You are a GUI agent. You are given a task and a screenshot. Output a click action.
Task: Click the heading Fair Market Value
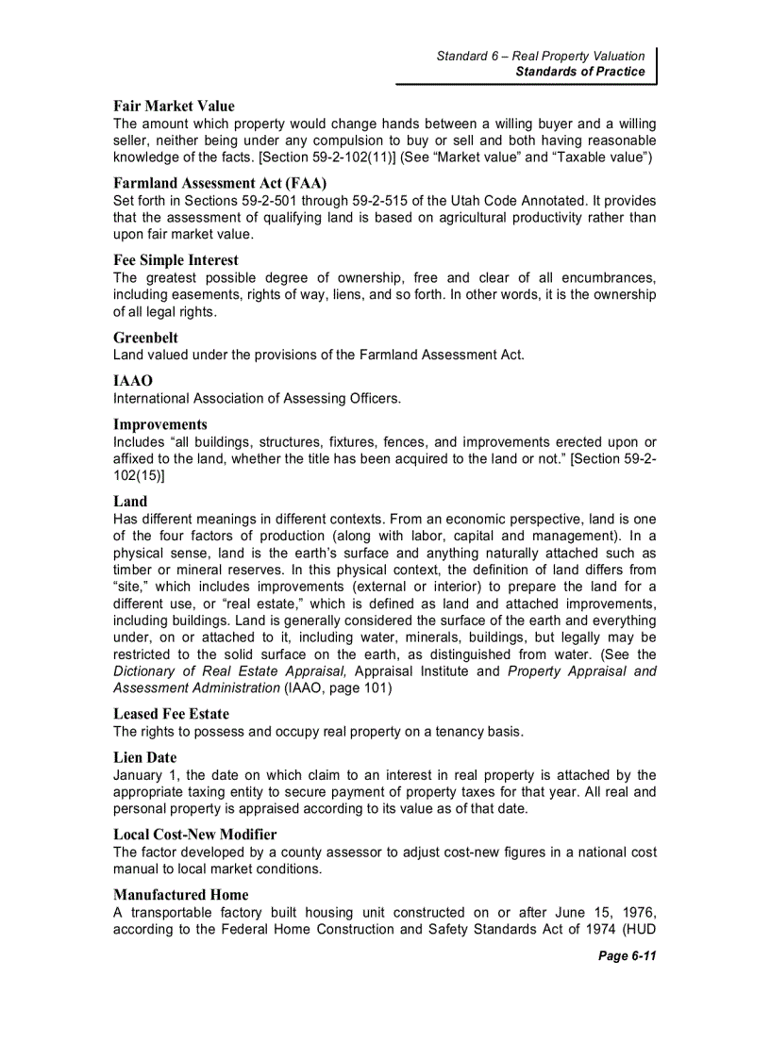[174, 107]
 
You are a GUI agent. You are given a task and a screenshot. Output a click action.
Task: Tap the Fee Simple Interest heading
[176, 260]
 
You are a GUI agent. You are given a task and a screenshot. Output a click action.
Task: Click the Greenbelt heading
[145, 338]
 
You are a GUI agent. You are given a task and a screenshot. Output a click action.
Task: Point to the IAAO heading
[134, 381]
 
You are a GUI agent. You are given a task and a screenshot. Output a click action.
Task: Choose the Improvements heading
[160, 424]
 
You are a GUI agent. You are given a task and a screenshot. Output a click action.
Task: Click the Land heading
[130, 502]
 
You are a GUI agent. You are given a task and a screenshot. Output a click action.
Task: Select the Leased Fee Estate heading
[171, 714]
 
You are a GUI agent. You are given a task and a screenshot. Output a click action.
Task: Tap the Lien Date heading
[144, 757]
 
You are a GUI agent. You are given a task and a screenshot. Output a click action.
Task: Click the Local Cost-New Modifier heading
[195, 835]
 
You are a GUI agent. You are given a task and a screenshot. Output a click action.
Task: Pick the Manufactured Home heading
[181, 894]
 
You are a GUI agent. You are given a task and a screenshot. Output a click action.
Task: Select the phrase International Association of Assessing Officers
[257, 398]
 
